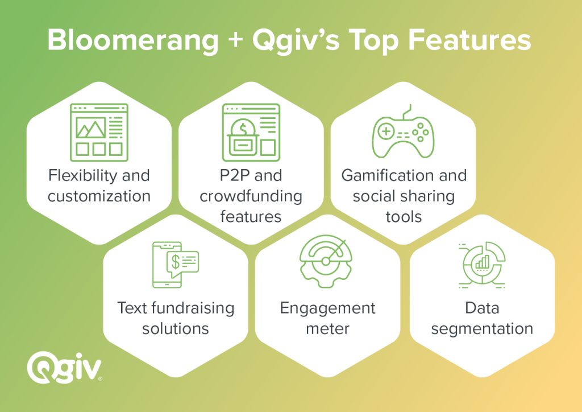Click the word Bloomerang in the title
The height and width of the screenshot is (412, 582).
tap(133, 41)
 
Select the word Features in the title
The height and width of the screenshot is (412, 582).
tap(469, 40)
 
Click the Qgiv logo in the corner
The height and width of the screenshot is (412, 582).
tap(64, 368)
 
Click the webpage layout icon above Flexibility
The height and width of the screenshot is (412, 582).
tap(99, 132)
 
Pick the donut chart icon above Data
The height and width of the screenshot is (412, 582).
tap(482, 265)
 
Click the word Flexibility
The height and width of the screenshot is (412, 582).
tap(83, 176)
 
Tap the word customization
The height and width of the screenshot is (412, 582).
tap(99, 196)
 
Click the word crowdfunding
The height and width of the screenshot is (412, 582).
tap(251, 196)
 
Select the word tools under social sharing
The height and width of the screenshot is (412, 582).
tap(404, 217)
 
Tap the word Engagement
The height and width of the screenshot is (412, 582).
tap(328, 309)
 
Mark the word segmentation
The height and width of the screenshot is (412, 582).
tap(482, 329)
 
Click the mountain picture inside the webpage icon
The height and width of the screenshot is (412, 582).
tap(91, 127)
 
